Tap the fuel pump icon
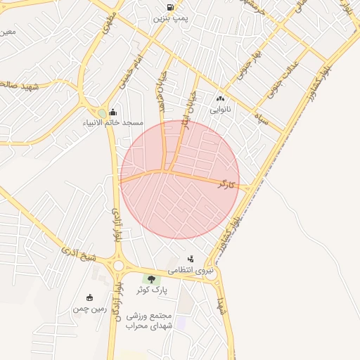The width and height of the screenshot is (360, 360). (171, 8)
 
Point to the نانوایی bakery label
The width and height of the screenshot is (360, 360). (219, 110)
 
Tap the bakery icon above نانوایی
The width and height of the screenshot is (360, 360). (220, 99)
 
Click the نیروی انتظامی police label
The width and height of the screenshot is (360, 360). (189, 270)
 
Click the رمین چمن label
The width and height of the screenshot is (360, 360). (90, 309)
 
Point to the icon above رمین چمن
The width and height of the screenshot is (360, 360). (89, 297)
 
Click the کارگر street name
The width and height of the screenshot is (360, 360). (226, 184)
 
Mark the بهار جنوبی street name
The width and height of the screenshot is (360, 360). (248, 64)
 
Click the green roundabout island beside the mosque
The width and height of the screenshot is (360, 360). (102, 113)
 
